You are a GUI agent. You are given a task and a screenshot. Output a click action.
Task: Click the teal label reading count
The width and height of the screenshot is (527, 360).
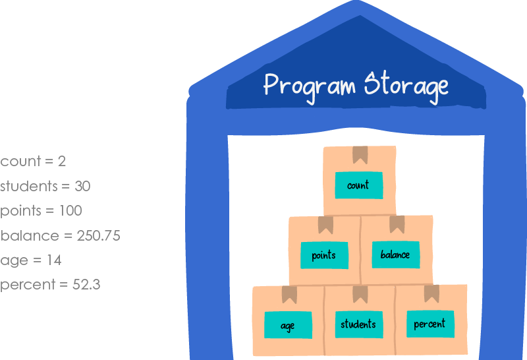coord(358,185)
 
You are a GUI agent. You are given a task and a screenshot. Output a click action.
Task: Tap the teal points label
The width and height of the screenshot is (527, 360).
coord(323,255)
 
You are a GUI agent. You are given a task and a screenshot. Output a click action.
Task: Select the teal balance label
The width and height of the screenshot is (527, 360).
coord(395,254)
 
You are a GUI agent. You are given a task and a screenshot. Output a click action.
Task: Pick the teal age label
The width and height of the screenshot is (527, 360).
coord(288,325)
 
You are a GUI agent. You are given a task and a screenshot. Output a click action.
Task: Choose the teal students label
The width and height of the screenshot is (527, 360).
coord(358,324)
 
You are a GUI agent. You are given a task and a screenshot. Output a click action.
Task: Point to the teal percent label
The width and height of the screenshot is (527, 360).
coord(430,323)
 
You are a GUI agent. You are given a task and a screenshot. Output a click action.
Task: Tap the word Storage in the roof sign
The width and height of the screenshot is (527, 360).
coord(406,86)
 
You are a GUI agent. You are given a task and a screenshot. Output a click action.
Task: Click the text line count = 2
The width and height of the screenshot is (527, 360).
coord(33,162)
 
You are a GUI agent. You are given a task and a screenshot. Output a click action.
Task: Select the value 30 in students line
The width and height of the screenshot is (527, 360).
coord(82,187)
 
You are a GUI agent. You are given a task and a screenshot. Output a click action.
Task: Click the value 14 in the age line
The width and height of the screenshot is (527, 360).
coord(54,260)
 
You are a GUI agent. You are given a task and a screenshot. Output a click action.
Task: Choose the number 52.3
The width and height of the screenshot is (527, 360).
coord(88,285)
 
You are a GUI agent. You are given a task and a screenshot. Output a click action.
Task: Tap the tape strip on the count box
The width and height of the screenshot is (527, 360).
coord(360,154)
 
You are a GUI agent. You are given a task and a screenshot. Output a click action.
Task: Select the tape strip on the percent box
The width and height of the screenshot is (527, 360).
coord(431,293)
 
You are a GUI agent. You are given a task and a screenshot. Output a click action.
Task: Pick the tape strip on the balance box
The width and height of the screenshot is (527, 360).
coord(397,224)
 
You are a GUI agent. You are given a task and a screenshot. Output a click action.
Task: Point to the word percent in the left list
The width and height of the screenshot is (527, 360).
coord(24,285)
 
